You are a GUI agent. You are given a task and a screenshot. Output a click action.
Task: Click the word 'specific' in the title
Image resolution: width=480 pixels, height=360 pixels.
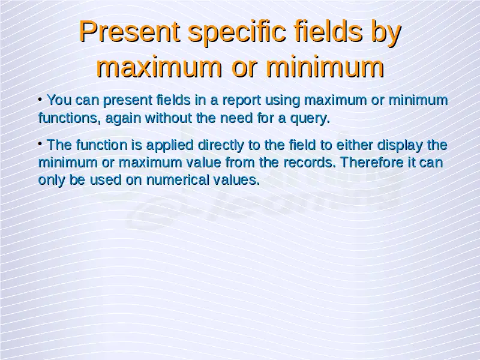[237, 32]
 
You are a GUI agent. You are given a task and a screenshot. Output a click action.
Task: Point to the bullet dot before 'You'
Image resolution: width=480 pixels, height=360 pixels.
[40, 99]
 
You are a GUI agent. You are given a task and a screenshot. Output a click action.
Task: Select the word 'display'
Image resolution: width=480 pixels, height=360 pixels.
[400, 146]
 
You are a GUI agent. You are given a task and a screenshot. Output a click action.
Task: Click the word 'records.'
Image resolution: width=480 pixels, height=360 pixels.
[310, 162]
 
